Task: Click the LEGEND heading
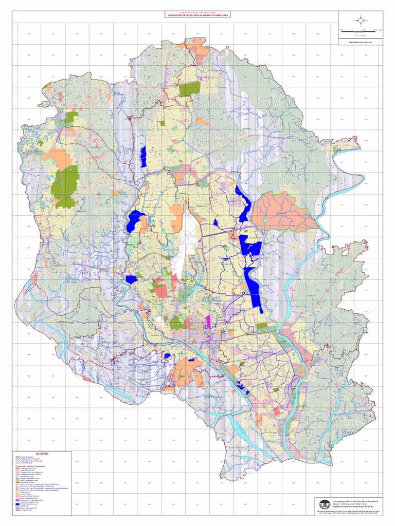[42, 454]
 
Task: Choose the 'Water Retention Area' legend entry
[28, 504]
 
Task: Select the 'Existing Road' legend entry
[26, 510]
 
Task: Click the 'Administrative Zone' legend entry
[27, 468]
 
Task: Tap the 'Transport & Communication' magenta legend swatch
[17, 500]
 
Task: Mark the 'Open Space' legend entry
[25, 492]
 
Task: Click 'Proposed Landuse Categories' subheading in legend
[30, 466]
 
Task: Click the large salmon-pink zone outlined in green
[283, 211]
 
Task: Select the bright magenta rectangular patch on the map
[208, 321]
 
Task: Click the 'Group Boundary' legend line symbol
[17, 457]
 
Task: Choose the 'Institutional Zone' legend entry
[27, 482]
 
